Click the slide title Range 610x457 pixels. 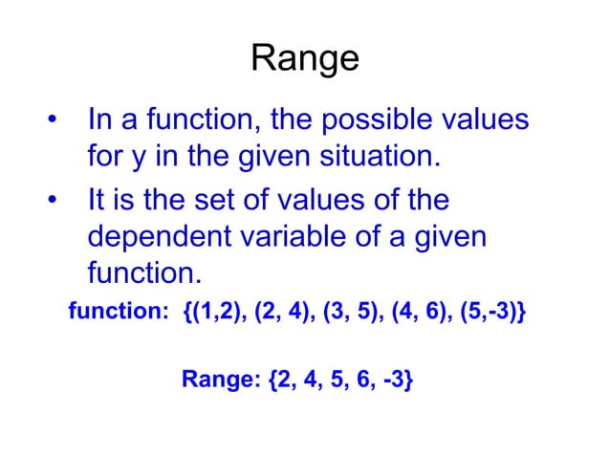(305, 59)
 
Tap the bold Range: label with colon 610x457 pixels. (222, 380)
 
